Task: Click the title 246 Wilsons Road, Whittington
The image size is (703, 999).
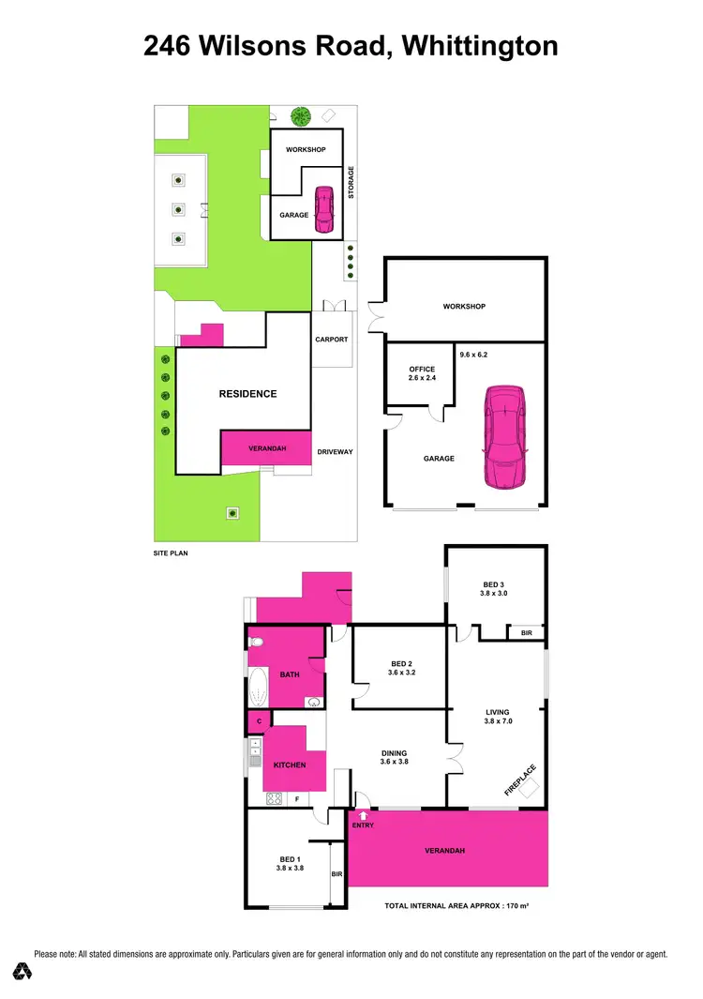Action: pyautogui.click(x=351, y=45)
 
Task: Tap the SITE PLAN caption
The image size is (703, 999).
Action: pyautogui.click(x=171, y=553)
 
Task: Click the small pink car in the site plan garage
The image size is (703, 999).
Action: pyautogui.click(x=323, y=209)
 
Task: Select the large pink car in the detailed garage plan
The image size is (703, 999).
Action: pyautogui.click(x=504, y=436)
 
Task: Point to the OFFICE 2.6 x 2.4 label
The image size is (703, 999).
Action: pyautogui.click(x=422, y=373)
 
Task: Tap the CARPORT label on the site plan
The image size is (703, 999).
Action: pyautogui.click(x=332, y=340)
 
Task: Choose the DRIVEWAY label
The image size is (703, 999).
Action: pyautogui.click(x=335, y=452)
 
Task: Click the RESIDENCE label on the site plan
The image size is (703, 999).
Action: pyautogui.click(x=247, y=394)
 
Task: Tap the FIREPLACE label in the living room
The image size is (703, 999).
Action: pyautogui.click(x=522, y=780)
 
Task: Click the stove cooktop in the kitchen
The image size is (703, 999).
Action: pyautogui.click(x=275, y=798)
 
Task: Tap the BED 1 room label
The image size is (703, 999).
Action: pyautogui.click(x=289, y=864)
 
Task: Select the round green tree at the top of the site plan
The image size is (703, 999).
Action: pyautogui.click(x=300, y=117)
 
